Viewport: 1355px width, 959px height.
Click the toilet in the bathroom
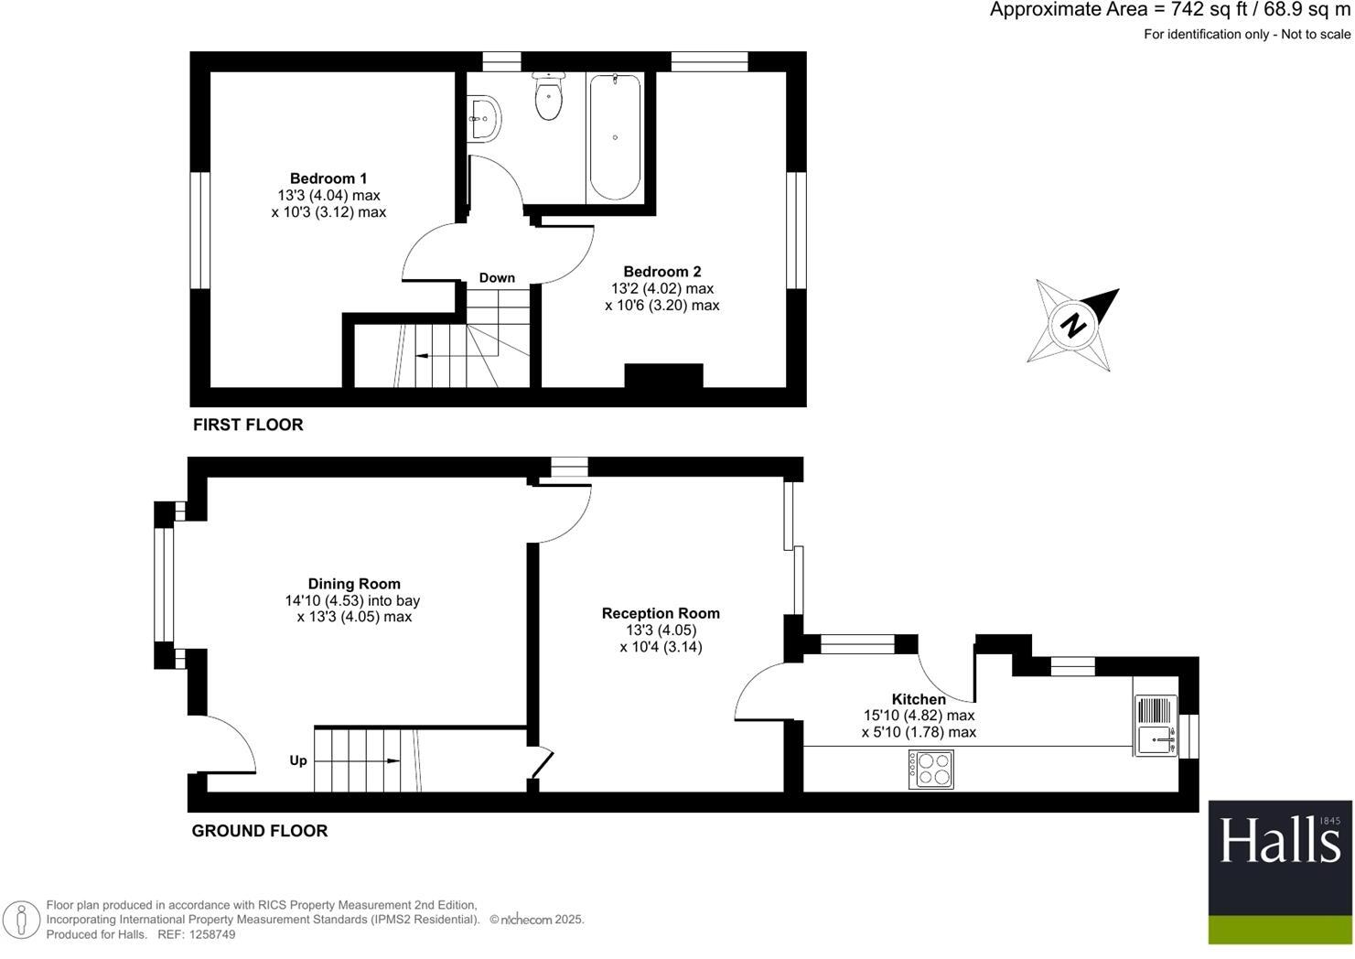click(548, 99)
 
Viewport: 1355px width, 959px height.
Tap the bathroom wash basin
click(483, 118)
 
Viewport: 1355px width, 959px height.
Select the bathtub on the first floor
click(615, 137)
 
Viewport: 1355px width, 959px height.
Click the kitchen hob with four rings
click(930, 769)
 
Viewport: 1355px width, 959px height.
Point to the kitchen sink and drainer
click(1156, 726)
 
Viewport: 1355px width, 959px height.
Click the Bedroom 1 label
click(328, 178)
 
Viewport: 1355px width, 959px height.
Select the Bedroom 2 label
click(661, 272)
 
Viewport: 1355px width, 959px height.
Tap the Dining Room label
click(354, 584)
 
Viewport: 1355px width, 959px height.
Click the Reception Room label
click(661, 613)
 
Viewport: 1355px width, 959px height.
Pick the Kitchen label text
click(919, 699)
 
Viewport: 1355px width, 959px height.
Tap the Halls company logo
click(1280, 871)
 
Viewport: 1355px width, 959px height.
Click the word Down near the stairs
click(497, 278)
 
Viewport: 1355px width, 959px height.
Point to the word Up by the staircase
click(298, 760)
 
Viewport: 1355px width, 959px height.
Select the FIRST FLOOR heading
click(248, 425)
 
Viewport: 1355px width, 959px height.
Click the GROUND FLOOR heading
click(259, 831)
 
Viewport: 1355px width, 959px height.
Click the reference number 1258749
click(210, 934)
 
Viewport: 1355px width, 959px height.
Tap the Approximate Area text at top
click(1169, 11)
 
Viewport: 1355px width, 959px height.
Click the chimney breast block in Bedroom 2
click(663, 376)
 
